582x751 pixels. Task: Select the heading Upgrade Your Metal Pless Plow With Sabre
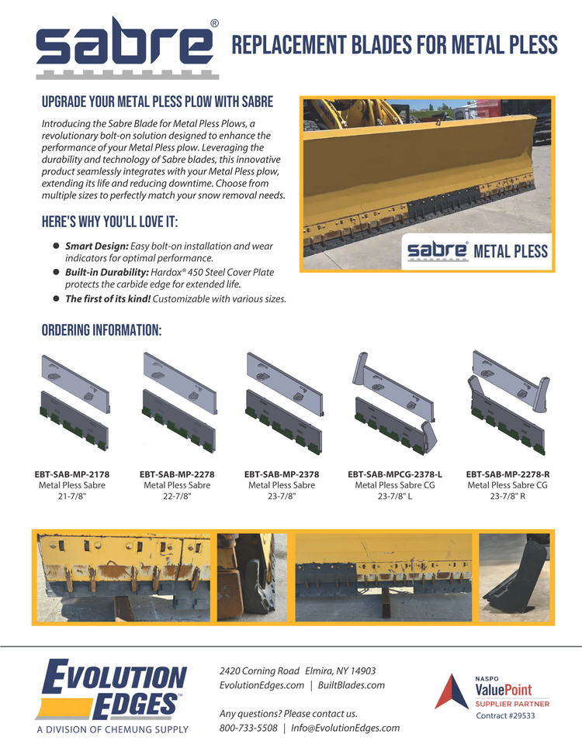(x=157, y=102)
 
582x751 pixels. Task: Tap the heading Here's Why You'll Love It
(x=109, y=223)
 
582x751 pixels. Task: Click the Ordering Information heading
(x=101, y=330)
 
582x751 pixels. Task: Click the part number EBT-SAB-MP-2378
(x=282, y=473)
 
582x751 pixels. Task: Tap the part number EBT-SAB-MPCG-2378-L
(x=395, y=473)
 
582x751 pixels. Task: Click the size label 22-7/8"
(x=177, y=497)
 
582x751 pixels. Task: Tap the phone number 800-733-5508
(x=248, y=728)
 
